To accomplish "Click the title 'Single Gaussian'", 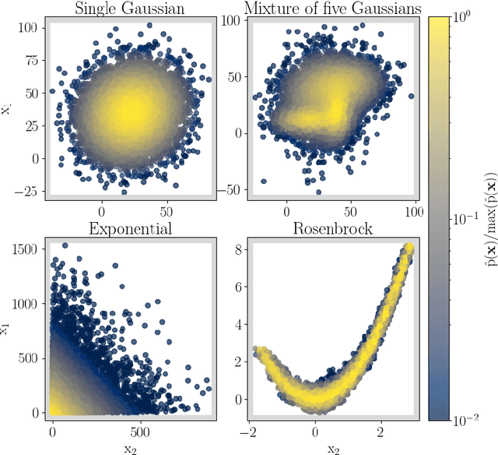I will pyautogui.click(x=131, y=9).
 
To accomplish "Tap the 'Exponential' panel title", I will pyautogui.click(x=131, y=228).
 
